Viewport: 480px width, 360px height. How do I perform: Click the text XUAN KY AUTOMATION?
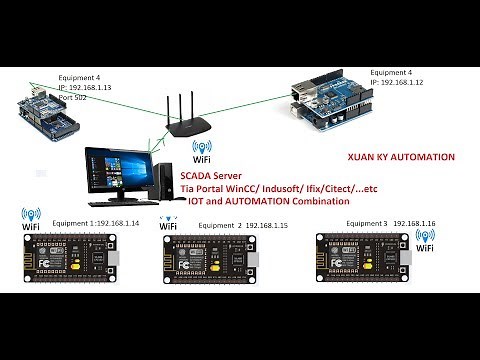(x=401, y=157)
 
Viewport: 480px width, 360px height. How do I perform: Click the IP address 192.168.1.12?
(x=402, y=83)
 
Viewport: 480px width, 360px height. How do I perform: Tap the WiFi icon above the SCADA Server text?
(x=200, y=153)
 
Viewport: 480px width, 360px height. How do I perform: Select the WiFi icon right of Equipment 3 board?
(x=425, y=241)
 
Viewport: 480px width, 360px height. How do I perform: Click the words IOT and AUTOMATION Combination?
(x=268, y=201)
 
